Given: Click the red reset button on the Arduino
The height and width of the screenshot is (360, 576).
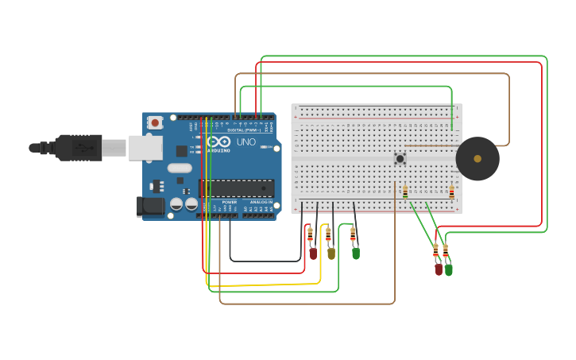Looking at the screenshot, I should (x=155, y=122).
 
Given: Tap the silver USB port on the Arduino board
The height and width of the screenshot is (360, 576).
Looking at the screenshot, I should (x=145, y=147).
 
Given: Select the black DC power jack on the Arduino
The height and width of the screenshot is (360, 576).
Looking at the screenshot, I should (x=149, y=207).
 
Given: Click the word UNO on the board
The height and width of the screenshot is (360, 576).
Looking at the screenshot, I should (x=246, y=142).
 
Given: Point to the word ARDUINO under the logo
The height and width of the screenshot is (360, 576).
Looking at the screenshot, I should (x=219, y=150).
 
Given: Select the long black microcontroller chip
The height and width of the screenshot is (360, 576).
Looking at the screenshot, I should (x=237, y=188).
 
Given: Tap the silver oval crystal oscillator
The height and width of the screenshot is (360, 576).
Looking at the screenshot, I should (x=180, y=168).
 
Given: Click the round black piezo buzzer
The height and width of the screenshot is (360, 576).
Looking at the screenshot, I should (x=477, y=159).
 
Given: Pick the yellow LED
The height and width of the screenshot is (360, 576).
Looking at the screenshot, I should (x=331, y=253).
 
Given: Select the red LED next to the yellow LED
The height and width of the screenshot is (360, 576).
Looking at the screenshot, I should (x=313, y=254).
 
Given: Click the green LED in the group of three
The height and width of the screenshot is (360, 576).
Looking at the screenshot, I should (x=356, y=253).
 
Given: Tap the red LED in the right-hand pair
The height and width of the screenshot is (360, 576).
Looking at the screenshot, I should (x=439, y=269).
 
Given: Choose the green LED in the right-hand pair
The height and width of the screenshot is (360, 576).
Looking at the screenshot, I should (x=449, y=269).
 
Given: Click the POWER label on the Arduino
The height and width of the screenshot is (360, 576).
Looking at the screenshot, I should (x=230, y=202).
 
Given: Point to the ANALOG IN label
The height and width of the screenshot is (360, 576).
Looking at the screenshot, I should (x=260, y=202).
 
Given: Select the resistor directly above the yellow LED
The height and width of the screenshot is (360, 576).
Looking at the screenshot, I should (x=328, y=235).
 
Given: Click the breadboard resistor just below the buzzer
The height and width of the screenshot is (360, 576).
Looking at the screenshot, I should (x=451, y=192).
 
